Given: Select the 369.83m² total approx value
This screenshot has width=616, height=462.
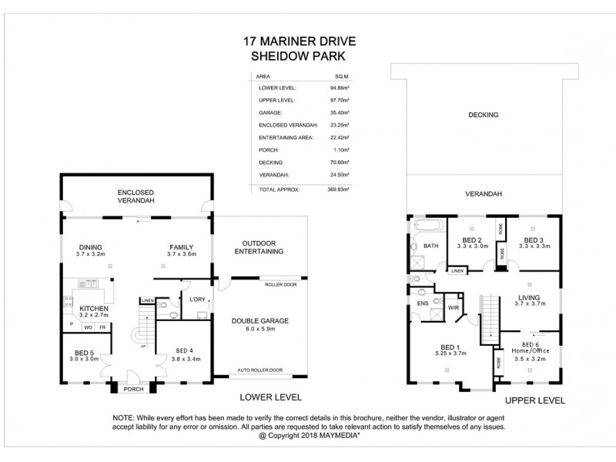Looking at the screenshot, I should [339, 189].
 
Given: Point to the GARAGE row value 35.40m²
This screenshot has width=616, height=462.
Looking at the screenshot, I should [339, 112].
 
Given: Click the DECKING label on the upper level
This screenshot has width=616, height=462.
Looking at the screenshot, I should [484, 115].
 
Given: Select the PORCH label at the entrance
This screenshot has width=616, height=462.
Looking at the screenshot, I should [134, 389].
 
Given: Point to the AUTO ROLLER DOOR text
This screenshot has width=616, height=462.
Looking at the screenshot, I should [260, 370].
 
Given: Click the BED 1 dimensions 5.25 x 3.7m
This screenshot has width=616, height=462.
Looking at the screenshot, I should [450, 353].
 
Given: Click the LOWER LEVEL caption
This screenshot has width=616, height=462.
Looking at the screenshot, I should [269, 397].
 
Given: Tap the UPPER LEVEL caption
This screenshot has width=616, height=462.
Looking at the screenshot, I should [534, 400].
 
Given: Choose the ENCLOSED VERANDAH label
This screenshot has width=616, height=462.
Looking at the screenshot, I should [136, 196].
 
